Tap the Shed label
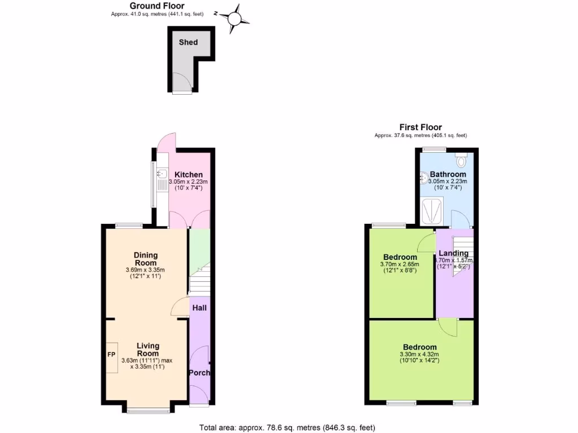pos(188,42)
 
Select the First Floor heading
pos(421,127)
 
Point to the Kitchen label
pos(189,174)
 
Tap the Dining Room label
pos(146,259)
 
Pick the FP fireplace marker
pos(111,355)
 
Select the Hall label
pos(199,308)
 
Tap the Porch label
pos(199,373)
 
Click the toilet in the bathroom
pos(461,161)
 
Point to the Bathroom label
pos(448,174)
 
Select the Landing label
pos(454,253)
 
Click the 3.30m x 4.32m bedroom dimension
pos(419,356)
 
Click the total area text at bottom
pos(287,427)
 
